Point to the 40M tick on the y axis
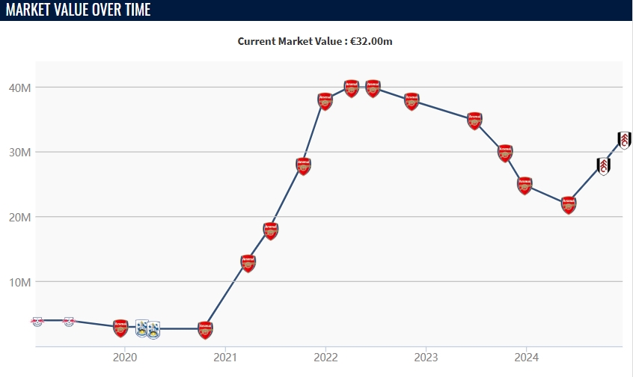pyautogui.click(x=19, y=88)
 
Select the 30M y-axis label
pyautogui.click(x=19, y=153)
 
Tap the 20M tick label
pyautogui.click(x=19, y=218)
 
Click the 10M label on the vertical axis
pyautogui.click(x=19, y=283)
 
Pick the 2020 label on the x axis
pyautogui.click(x=124, y=357)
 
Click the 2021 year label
pyautogui.click(x=225, y=357)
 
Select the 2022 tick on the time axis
pyautogui.click(x=325, y=357)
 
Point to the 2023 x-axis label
pyautogui.click(x=426, y=357)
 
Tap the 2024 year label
pyautogui.click(x=527, y=357)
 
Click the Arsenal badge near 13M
pyautogui.click(x=248, y=263)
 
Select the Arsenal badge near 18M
pyautogui.click(x=271, y=230)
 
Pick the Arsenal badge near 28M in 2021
pyautogui.click(x=303, y=165)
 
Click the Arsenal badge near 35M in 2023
pyautogui.click(x=475, y=120)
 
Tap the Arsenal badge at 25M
pyautogui.click(x=525, y=184)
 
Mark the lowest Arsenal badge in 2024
pyautogui.click(x=569, y=204)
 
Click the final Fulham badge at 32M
pyautogui.click(x=625, y=140)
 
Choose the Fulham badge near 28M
pyautogui.click(x=603, y=166)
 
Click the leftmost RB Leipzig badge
pyautogui.click(x=37, y=321)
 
